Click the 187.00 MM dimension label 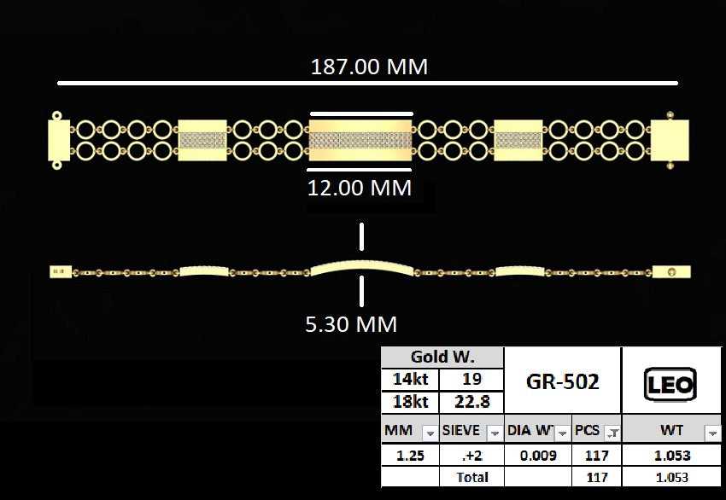tap(369, 67)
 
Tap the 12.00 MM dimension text tap(360, 188)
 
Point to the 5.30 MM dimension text tap(351, 323)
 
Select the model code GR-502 tap(563, 381)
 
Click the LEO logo tap(670, 384)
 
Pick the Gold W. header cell tap(442, 357)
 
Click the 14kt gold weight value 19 tap(471, 380)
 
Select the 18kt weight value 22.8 tap(471, 402)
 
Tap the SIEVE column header tap(460, 430)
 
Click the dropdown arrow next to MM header tap(430, 433)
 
